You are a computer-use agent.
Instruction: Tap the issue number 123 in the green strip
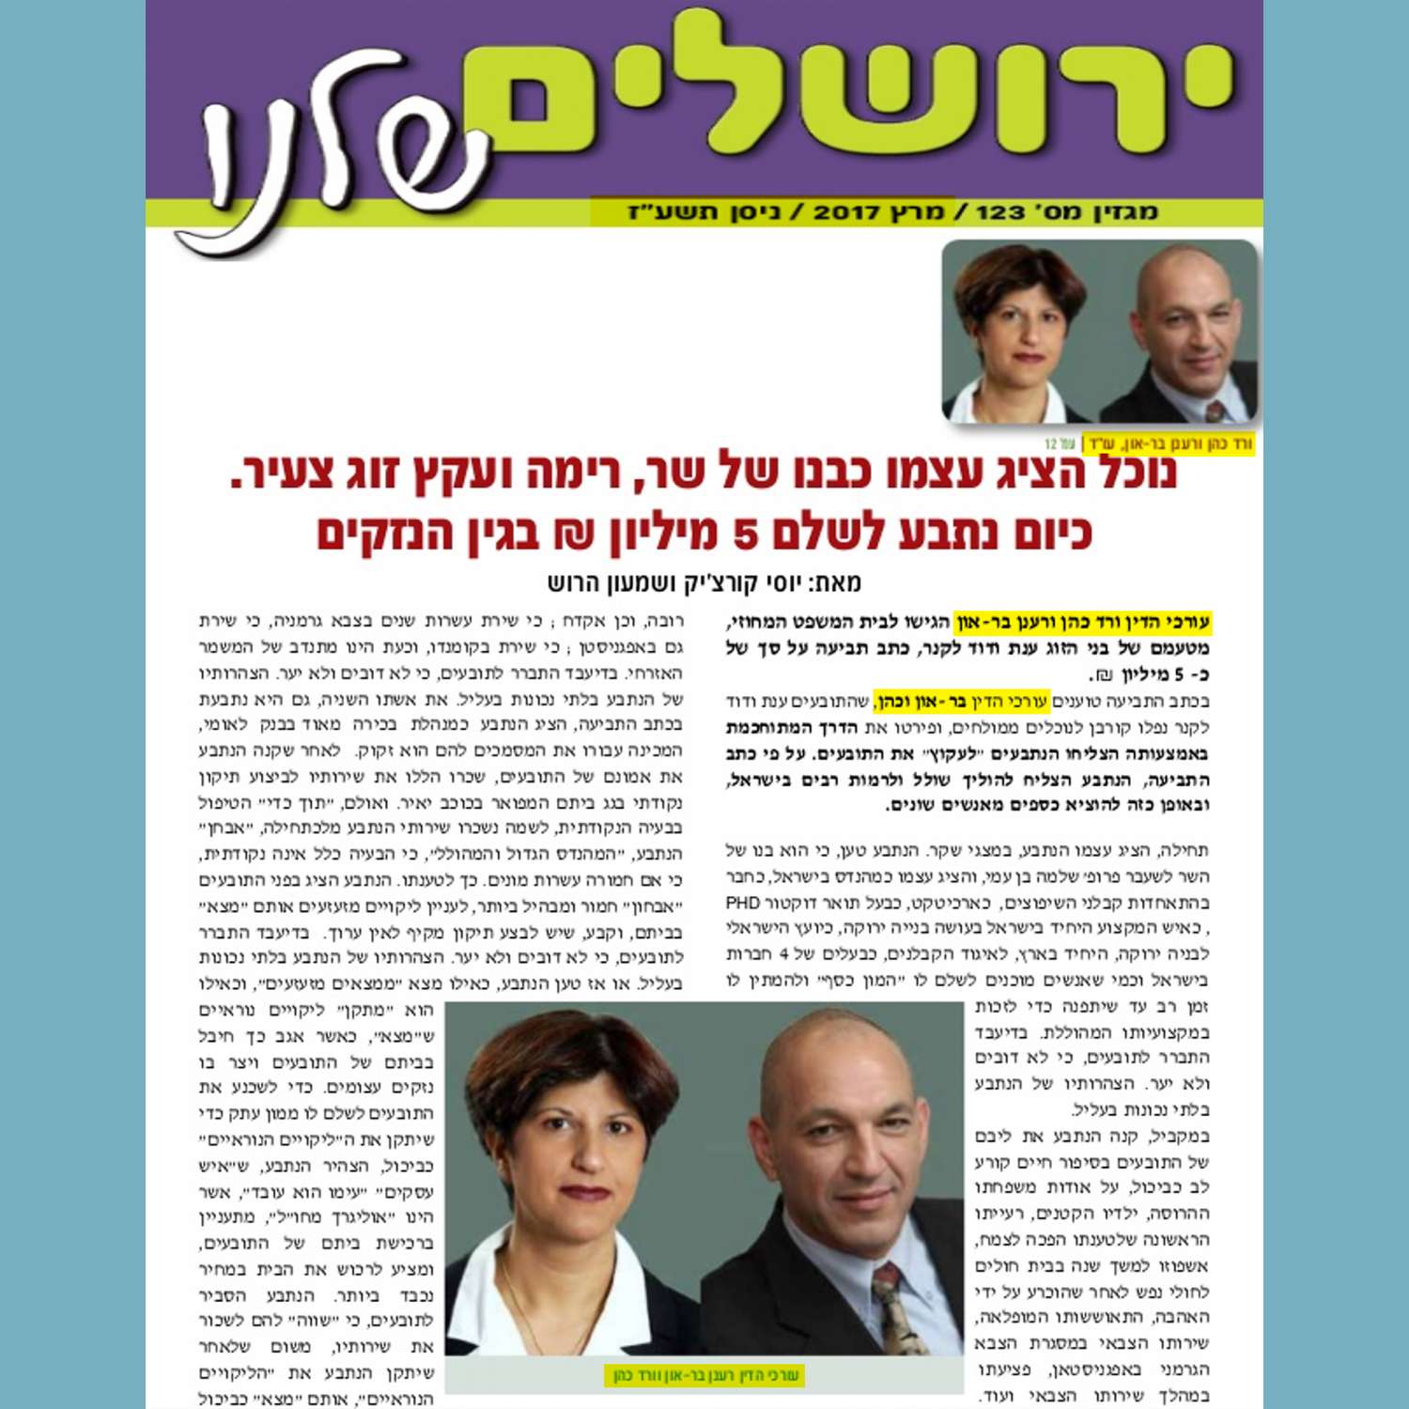[x=1000, y=212]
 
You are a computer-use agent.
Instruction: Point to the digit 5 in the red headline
[x=744, y=533]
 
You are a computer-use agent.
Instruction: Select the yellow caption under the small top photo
[x=1169, y=442]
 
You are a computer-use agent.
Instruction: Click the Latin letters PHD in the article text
[x=742, y=904]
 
